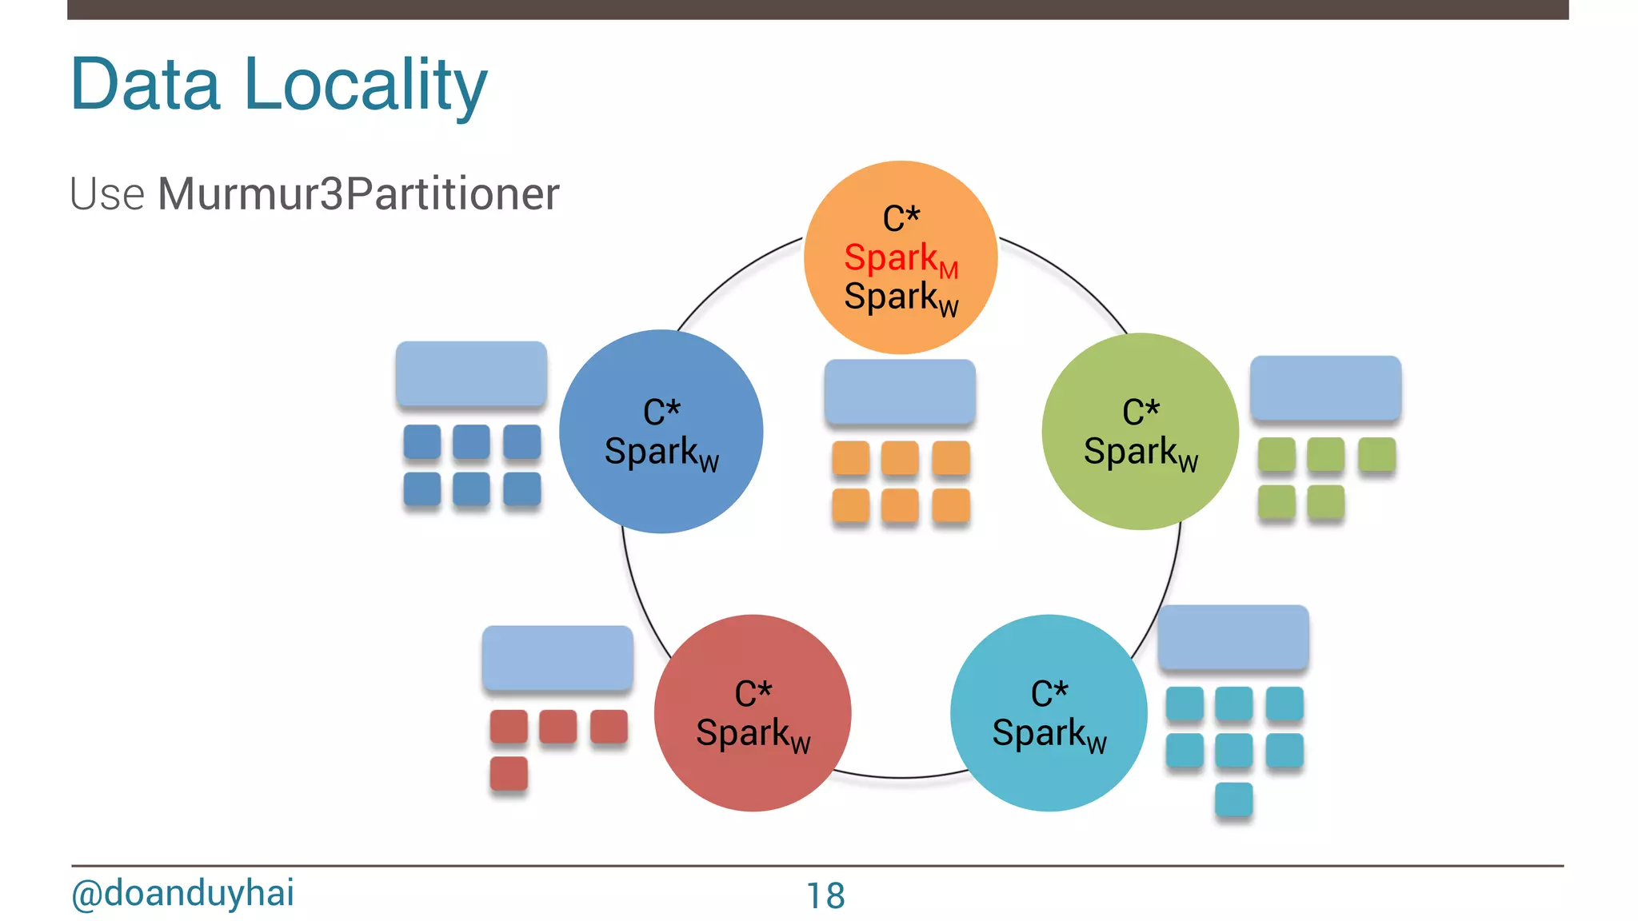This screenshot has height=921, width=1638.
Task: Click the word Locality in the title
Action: pos(366,85)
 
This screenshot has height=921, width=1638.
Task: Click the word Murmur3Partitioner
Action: pos(358,193)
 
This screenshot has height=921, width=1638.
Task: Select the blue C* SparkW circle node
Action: pos(661,432)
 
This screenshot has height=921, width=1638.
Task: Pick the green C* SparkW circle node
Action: pos(1140,432)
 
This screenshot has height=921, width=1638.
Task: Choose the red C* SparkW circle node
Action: pos(752,713)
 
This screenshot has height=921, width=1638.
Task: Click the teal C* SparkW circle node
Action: pos(1049,713)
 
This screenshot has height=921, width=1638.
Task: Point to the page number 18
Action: pos(825,895)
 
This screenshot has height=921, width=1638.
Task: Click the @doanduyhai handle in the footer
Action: pos(182,893)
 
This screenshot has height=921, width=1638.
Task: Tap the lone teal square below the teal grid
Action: pos(1233,799)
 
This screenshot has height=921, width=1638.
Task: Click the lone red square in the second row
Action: pos(509,773)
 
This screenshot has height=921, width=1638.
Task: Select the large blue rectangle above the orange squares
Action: pos(900,391)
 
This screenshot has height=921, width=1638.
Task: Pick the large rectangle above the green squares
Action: pos(1325,388)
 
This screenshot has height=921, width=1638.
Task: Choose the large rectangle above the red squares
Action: pos(557,658)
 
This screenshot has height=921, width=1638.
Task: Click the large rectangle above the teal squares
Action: pos(1232,637)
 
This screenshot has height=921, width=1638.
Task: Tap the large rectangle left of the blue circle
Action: pos(471,373)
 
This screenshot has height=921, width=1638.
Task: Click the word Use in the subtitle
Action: pos(107,194)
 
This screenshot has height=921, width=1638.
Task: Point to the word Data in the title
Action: pos(145,85)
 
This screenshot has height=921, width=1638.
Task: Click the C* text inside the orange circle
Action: pos(901,218)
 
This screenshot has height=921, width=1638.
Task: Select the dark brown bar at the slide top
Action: pos(817,9)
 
